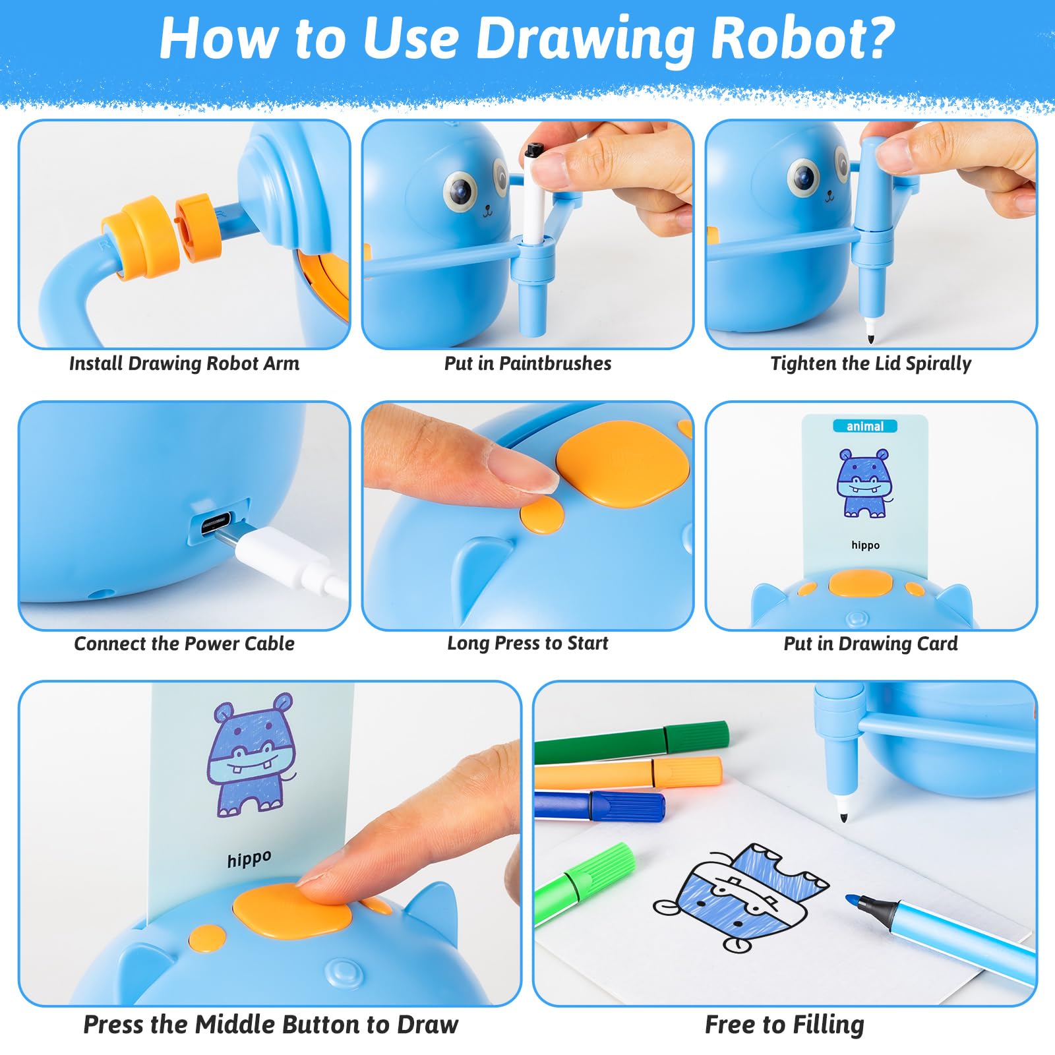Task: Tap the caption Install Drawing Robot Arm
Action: [184, 363]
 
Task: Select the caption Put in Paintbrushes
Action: [527, 363]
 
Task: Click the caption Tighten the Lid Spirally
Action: [871, 363]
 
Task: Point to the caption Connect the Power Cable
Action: [184, 644]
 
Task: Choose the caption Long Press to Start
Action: [527, 644]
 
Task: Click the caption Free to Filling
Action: [785, 1025]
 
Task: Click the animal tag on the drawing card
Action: [864, 427]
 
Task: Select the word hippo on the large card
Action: [249, 859]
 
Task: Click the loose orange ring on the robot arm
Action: [195, 227]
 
